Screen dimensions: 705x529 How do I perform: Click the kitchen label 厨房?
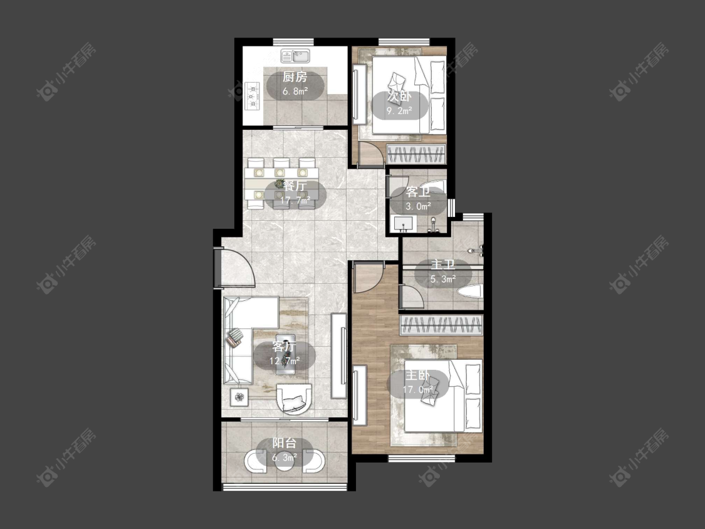click(x=295, y=77)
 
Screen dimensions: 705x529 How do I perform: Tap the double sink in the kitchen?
click(x=296, y=56)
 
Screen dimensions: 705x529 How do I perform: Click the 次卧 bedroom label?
click(x=399, y=97)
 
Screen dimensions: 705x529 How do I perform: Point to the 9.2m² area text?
click(x=399, y=111)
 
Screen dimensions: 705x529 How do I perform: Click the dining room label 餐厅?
click(x=295, y=186)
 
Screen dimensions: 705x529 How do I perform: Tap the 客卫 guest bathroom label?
click(x=418, y=192)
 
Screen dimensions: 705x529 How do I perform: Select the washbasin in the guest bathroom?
click(x=404, y=224)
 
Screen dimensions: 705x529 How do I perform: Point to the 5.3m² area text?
click(x=443, y=280)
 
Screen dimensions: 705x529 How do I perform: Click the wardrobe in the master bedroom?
click(x=441, y=325)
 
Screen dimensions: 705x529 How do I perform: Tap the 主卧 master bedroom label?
click(x=418, y=375)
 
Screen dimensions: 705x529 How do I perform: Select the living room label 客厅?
click(x=284, y=347)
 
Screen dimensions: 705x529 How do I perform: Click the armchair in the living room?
click(x=294, y=398)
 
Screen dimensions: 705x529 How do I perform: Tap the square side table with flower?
click(x=239, y=397)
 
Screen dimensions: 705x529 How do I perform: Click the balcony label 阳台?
click(x=284, y=444)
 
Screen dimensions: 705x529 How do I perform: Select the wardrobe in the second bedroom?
click(x=416, y=154)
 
